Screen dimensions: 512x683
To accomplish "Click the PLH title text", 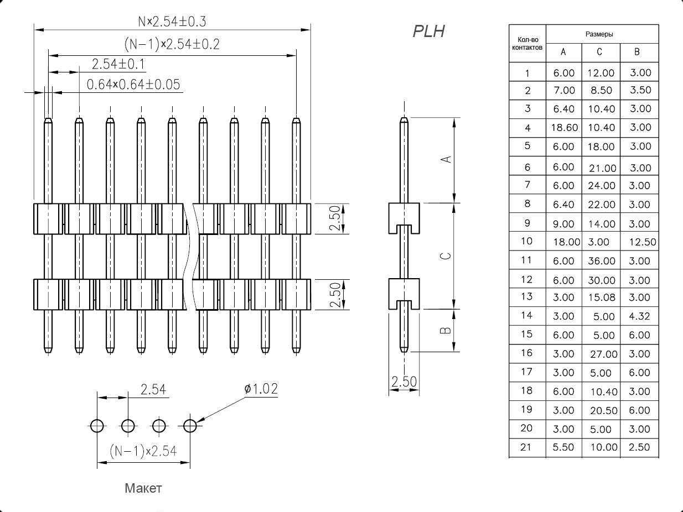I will [x=428, y=32].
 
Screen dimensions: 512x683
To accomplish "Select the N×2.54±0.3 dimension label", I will [x=172, y=22].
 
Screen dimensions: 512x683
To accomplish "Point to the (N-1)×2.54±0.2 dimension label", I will [x=172, y=44].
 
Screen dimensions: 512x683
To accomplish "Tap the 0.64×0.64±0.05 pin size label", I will [x=134, y=84].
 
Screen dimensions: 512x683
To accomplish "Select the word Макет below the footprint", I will [x=143, y=488].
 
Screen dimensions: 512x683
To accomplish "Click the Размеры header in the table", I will [x=602, y=34].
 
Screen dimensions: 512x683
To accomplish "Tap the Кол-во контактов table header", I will [x=527, y=43].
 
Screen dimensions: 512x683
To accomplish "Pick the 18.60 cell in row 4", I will [x=564, y=128].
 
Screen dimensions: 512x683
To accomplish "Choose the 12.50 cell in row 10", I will [x=643, y=242].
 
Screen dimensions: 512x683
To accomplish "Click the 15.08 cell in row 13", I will [x=601, y=297].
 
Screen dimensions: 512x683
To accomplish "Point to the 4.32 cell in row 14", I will [x=639, y=316].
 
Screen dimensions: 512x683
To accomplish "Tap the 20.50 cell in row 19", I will [x=601, y=410].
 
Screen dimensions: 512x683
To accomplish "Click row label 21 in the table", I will [x=527, y=447].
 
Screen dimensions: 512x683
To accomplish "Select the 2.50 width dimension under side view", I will [x=403, y=382].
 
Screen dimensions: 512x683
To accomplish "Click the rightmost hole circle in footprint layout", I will [x=190, y=426].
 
